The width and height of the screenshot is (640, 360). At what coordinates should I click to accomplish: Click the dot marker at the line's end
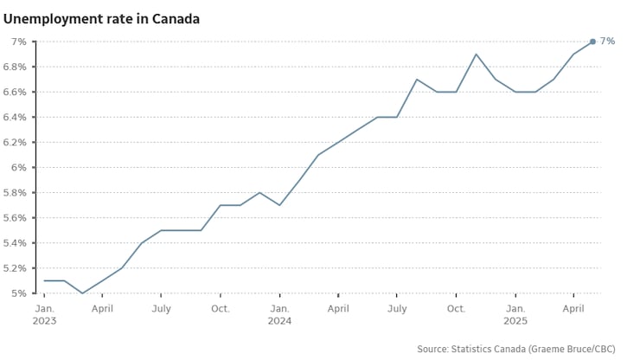592,42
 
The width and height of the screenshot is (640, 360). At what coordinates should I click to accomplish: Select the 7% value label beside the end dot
607,42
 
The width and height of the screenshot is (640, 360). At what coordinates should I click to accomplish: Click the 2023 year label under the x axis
46,321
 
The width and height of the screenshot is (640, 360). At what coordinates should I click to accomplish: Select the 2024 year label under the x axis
279,321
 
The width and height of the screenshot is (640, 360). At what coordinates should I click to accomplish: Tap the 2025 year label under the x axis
515,321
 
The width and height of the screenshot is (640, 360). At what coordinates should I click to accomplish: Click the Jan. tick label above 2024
279,307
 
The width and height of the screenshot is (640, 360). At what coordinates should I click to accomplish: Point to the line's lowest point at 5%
83,293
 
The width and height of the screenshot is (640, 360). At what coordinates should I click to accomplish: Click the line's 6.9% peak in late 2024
476,55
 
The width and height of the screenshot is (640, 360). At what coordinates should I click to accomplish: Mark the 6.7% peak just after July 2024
417,80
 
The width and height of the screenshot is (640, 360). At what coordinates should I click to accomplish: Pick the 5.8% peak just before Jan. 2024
259,192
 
